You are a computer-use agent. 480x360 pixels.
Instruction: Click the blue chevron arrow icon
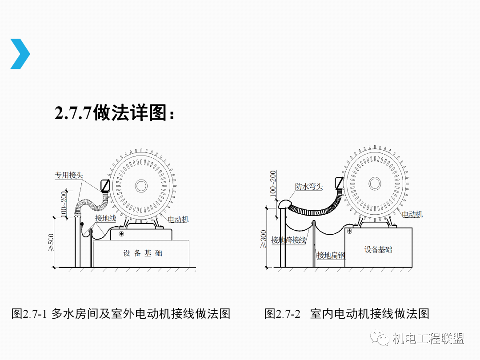pyautogui.click(x=20, y=54)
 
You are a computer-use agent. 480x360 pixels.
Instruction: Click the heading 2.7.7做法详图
pyautogui.click(x=115, y=112)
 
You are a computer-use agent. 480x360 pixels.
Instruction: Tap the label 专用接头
pyautogui.click(x=69, y=175)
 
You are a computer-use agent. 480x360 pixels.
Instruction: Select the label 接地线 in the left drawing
pyautogui.click(x=105, y=218)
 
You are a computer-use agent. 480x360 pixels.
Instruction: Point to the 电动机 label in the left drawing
pyautogui.click(x=178, y=219)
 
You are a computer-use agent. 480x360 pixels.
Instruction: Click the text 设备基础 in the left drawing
pyautogui.click(x=143, y=253)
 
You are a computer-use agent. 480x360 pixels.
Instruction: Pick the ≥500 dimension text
pyautogui.click(x=51, y=243)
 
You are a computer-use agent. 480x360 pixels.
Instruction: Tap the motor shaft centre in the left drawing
pyautogui.click(x=141, y=186)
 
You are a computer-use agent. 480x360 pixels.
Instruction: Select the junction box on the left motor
pyautogui.click(x=105, y=185)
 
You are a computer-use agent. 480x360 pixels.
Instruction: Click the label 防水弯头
pyautogui.click(x=309, y=186)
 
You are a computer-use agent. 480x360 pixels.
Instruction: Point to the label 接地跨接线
pyautogui.click(x=288, y=240)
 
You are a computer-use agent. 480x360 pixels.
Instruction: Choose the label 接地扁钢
pyautogui.click(x=331, y=255)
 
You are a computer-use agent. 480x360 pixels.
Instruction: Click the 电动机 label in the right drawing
pyautogui.click(x=412, y=214)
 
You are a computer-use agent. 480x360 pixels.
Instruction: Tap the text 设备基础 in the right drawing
pyautogui.click(x=378, y=249)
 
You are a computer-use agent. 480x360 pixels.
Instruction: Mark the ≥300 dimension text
pyautogui.click(x=263, y=239)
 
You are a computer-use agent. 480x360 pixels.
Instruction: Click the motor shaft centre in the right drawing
pyautogui.click(x=375, y=184)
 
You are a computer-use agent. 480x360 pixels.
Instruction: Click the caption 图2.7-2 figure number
pyautogui.click(x=282, y=314)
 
